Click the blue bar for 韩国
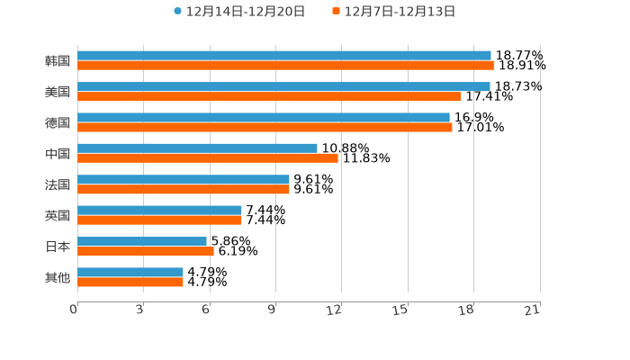tap(284, 56)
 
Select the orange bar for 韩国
tap(285, 66)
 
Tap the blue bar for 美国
tap(283, 86)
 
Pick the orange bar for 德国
tap(265, 127)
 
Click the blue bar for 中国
tap(197, 148)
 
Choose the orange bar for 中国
tap(208, 158)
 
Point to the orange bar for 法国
tap(184, 189)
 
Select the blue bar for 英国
tap(159, 211)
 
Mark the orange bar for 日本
tap(146, 251)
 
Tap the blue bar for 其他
tap(130, 272)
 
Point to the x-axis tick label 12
tap(335, 310)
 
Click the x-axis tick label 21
tap(533, 310)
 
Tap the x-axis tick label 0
tap(74, 310)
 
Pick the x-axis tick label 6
tap(206, 310)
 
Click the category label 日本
tap(58, 247)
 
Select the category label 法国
tap(58, 184)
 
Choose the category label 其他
tap(58, 277)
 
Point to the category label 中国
tap(58, 154)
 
